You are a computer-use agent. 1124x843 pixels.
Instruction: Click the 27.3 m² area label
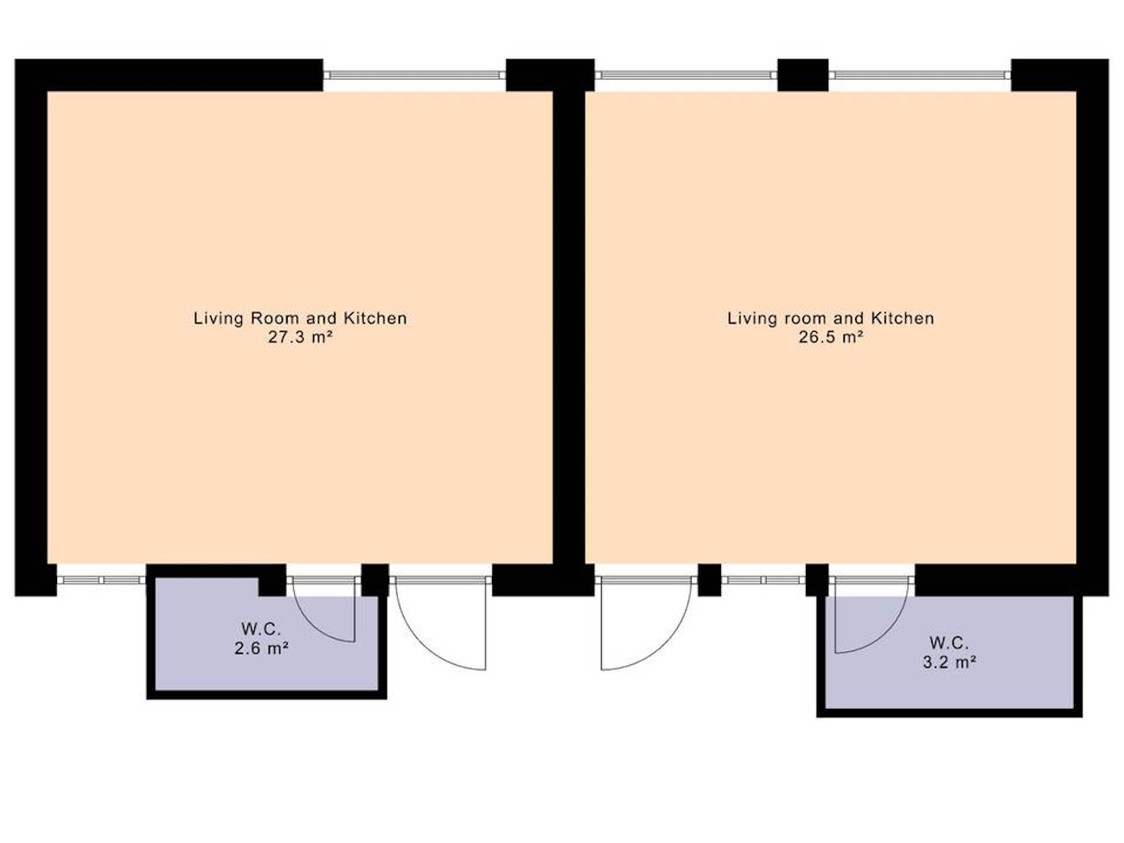point(301,337)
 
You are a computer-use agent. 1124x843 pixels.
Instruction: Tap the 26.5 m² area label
point(831,337)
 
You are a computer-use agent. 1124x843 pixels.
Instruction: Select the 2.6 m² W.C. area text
point(261,648)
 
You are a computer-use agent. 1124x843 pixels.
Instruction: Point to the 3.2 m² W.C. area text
point(948,662)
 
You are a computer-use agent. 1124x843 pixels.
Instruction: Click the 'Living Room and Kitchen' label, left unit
point(300,318)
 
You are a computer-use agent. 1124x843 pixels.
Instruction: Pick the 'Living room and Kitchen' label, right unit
point(831,318)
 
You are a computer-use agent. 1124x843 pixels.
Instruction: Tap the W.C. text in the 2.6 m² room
point(261,629)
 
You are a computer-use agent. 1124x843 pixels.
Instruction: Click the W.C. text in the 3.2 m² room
point(948,642)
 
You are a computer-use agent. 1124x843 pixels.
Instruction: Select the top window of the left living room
point(414,74)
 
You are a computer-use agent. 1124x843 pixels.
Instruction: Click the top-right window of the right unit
point(920,74)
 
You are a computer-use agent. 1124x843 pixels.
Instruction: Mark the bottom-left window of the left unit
point(101,580)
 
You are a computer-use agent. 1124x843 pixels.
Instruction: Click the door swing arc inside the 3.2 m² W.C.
point(881,634)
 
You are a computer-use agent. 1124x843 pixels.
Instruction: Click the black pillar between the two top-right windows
point(803,75)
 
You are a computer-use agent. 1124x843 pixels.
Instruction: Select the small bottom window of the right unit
point(763,580)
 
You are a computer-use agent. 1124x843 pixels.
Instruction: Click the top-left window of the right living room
point(687,74)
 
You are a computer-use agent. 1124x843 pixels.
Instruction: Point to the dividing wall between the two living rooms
point(569,328)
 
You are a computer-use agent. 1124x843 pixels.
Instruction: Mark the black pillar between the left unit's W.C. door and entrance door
point(375,580)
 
